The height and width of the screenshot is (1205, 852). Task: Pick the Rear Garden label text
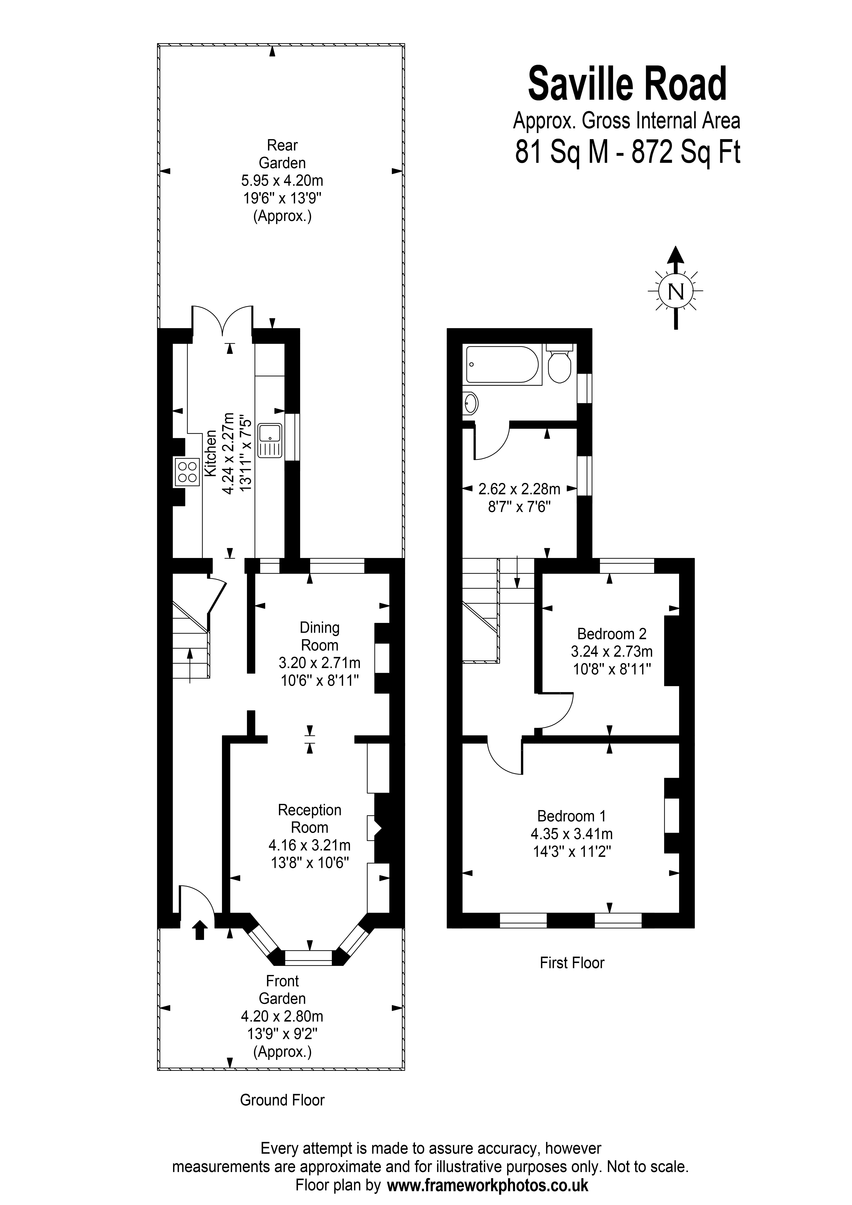point(282,154)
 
